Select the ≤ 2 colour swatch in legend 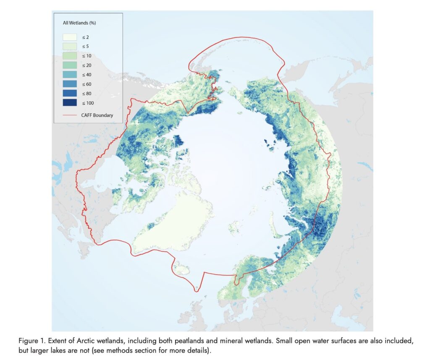point(70,37)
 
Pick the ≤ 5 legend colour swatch point(70,46)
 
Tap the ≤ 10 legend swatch point(70,55)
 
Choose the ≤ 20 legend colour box point(70,65)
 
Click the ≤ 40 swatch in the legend point(70,74)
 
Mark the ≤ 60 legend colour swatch point(70,84)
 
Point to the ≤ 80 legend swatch point(70,93)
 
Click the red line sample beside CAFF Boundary point(70,115)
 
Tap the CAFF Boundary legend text point(97,115)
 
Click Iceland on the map point(182,267)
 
